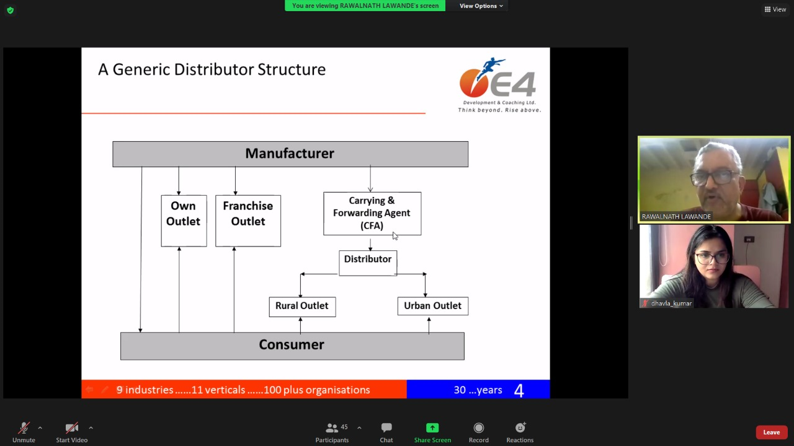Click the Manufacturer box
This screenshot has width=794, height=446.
click(290, 154)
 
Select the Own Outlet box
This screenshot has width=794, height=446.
click(184, 221)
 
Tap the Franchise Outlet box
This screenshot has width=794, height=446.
click(248, 221)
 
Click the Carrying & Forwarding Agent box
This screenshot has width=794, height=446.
click(372, 213)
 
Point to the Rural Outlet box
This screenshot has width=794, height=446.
click(302, 307)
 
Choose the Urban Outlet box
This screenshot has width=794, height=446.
click(432, 306)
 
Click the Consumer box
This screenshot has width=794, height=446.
click(292, 346)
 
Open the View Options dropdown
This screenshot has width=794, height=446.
click(481, 6)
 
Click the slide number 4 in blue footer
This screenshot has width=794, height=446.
click(519, 390)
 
